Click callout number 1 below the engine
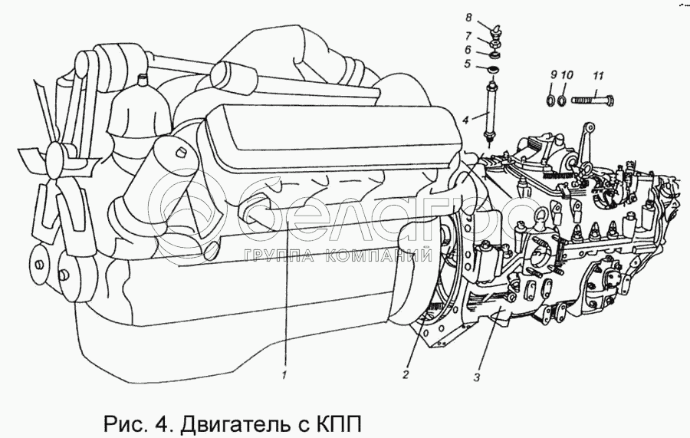click(284, 376)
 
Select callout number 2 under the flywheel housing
click(406, 375)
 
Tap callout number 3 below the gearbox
click(477, 377)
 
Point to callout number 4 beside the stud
click(465, 120)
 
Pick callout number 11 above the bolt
click(598, 76)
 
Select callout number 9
click(553, 75)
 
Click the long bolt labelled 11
click(593, 100)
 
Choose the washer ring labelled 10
click(562, 100)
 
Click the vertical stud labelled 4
click(490, 110)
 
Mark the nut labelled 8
click(495, 31)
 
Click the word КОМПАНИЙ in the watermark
click(379, 255)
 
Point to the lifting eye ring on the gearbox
click(540, 216)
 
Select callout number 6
click(468, 50)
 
